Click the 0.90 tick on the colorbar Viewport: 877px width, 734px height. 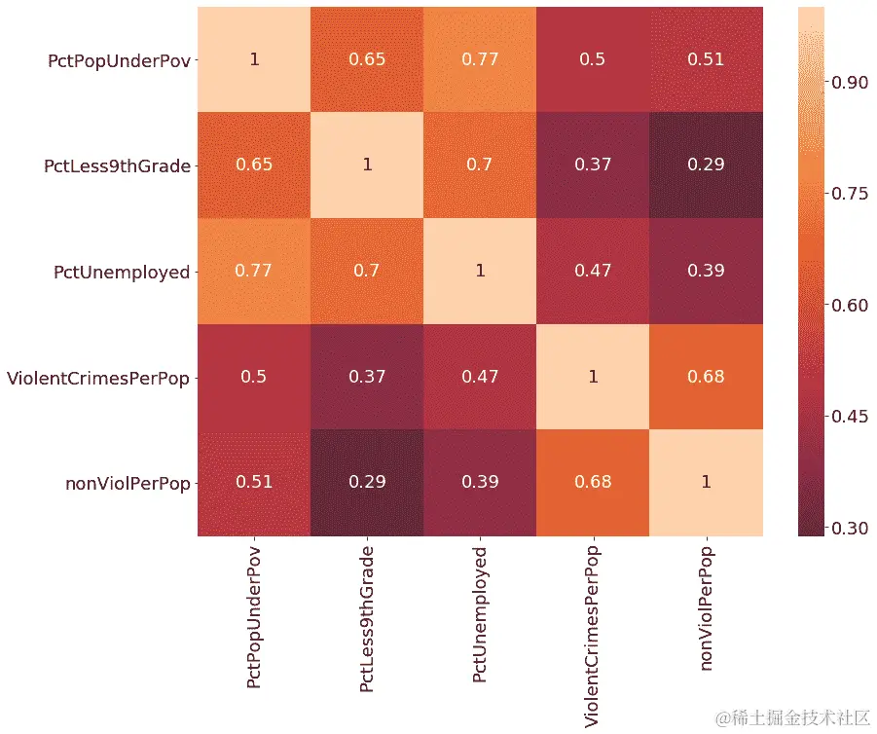coord(848,83)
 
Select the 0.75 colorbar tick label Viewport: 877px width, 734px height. coord(848,194)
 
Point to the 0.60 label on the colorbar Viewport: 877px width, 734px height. coord(848,306)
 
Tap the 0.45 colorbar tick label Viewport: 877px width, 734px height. coord(848,417)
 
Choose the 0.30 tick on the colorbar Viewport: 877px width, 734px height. coord(848,529)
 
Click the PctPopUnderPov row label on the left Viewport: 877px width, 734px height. coord(119,60)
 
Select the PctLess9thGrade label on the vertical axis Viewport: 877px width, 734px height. coord(117,165)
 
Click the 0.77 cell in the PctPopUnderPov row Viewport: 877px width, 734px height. coord(480,59)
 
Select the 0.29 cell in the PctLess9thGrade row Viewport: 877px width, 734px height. coord(706,165)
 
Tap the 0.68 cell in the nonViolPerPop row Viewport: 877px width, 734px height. coord(593,483)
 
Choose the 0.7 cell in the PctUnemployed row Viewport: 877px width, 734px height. coord(367,272)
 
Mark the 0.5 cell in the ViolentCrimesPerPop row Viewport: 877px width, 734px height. coord(254,377)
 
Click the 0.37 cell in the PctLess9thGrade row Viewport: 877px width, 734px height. coord(593,165)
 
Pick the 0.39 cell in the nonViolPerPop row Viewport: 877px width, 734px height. coord(480,483)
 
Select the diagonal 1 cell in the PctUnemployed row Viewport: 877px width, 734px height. coord(480,272)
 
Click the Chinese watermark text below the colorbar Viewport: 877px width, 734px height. coord(793,718)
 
